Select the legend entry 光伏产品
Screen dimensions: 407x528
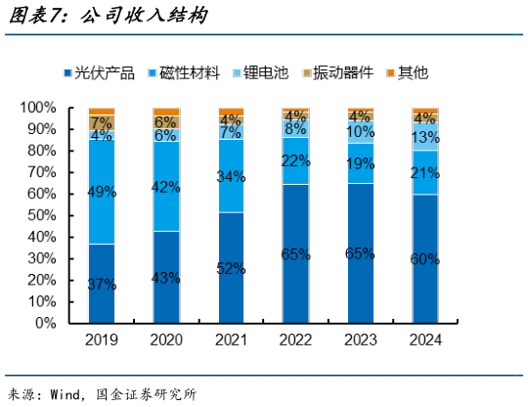click(x=102, y=71)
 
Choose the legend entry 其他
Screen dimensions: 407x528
click(x=408, y=71)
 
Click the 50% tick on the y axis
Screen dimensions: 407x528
click(x=44, y=214)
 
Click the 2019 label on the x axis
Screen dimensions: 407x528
click(x=102, y=340)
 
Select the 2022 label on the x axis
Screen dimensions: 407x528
click(x=296, y=340)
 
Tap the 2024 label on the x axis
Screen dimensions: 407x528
click(x=425, y=340)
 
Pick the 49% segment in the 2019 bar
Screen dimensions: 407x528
click(x=102, y=192)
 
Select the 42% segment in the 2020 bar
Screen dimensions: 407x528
click(x=166, y=186)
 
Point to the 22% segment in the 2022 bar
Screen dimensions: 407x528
click(x=296, y=160)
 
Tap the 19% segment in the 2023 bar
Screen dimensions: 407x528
click(x=361, y=162)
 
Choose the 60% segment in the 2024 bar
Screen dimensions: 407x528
click(x=425, y=258)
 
